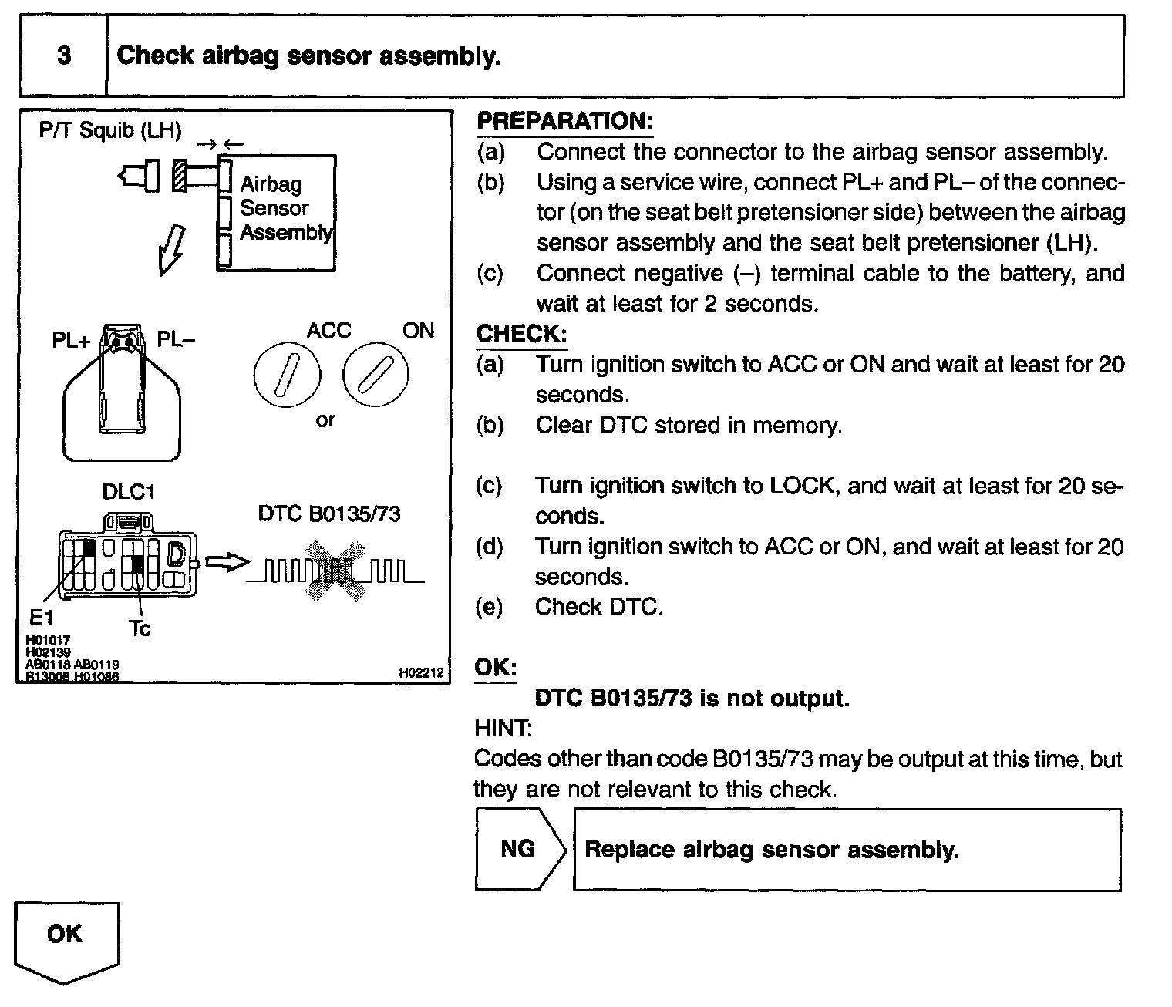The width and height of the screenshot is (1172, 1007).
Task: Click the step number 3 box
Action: (x=64, y=56)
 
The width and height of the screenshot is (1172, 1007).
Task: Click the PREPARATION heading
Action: (x=564, y=121)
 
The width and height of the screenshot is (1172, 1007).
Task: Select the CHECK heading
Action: (x=521, y=334)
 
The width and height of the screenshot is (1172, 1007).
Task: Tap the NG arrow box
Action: (x=519, y=849)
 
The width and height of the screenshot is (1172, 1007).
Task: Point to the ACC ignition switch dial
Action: (x=286, y=375)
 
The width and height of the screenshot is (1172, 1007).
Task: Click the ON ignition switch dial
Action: (x=376, y=375)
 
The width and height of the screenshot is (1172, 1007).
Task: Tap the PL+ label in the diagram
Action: (x=71, y=339)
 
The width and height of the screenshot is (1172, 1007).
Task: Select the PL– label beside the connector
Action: (x=176, y=338)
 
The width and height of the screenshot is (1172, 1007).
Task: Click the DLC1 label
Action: (x=129, y=491)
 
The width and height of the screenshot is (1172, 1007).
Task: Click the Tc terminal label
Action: (x=140, y=628)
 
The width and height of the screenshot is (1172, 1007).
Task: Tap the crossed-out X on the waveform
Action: (x=335, y=571)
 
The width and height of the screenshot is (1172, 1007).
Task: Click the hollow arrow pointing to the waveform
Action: (x=228, y=563)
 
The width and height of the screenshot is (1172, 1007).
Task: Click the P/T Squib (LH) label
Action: (x=110, y=130)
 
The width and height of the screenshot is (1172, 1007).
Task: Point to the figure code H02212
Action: (x=421, y=673)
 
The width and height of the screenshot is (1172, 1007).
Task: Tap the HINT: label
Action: (x=502, y=728)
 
